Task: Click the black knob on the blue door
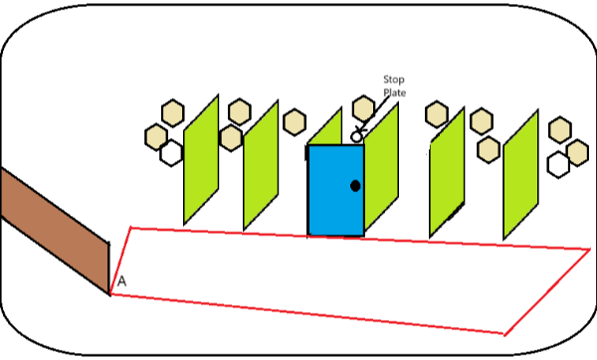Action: (x=355, y=186)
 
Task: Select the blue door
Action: (x=336, y=190)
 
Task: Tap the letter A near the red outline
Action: (x=121, y=281)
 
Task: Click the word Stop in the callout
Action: (x=394, y=80)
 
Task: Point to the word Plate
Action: (x=394, y=92)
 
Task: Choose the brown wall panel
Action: (x=55, y=231)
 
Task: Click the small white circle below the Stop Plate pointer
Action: (x=357, y=136)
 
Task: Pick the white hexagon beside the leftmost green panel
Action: (x=172, y=153)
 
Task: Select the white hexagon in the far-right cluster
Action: (x=558, y=165)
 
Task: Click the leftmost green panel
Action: (x=201, y=160)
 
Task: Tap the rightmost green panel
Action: (x=520, y=175)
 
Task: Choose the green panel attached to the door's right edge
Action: (x=381, y=167)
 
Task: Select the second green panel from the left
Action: (x=261, y=165)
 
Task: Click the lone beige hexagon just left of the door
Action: (x=295, y=121)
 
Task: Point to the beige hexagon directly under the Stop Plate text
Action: (x=363, y=108)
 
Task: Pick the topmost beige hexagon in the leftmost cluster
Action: (x=173, y=112)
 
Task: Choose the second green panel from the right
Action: (x=447, y=173)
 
